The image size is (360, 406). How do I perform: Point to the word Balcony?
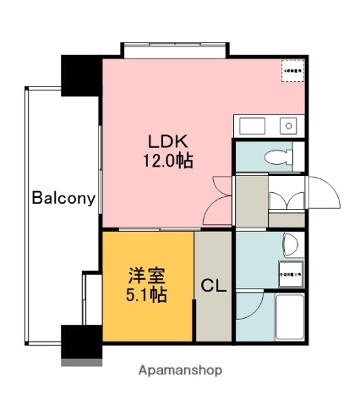pyautogui.click(x=63, y=199)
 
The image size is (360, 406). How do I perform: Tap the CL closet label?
pyautogui.click(x=212, y=285)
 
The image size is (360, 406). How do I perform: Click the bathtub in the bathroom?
pyautogui.click(x=290, y=316)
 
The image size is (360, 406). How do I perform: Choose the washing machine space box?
pyautogui.click(x=289, y=274)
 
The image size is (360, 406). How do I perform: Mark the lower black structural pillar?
pyautogui.click(x=81, y=342)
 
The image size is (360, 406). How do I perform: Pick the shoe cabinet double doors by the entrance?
pyautogui.click(x=286, y=200)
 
